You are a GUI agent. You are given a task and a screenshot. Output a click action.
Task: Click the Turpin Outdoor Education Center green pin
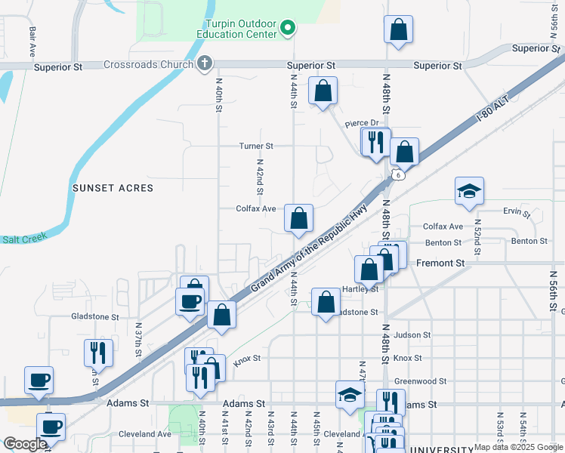click(x=287, y=29)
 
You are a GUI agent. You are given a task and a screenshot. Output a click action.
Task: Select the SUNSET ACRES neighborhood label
click(x=113, y=187)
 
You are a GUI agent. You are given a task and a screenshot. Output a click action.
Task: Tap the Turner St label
click(x=255, y=146)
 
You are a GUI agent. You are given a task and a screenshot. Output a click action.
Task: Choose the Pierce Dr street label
click(x=361, y=123)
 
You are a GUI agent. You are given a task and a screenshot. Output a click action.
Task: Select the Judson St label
click(x=412, y=334)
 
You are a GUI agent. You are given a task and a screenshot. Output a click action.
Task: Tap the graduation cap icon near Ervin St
click(x=469, y=193)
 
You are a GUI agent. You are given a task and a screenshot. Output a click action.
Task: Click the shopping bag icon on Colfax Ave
click(x=299, y=218)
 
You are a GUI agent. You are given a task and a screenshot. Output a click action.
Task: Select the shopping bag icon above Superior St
click(x=398, y=29)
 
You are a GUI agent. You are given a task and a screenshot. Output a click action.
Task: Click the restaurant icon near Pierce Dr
click(x=375, y=141)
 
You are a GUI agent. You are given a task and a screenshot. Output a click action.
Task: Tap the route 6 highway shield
click(x=398, y=175)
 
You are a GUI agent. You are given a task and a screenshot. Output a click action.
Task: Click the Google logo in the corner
click(x=25, y=444)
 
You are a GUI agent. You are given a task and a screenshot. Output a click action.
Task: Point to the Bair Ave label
click(x=32, y=44)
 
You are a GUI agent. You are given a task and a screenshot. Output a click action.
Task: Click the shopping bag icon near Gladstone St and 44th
click(x=326, y=304)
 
